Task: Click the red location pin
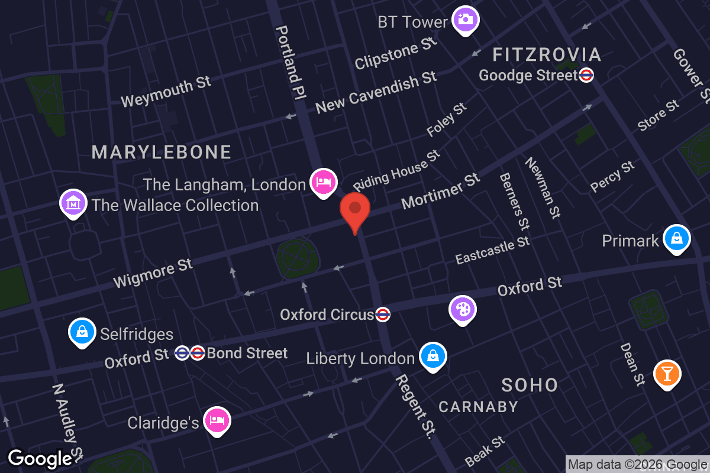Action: [x=355, y=210]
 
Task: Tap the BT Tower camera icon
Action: [x=466, y=20]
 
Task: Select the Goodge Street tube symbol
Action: [x=586, y=75]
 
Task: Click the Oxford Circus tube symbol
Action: [x=383, y=315]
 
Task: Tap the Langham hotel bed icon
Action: [x=324, y=182]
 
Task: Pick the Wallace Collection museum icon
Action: [x=73, y=203]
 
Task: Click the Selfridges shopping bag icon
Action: [x=83, y=332]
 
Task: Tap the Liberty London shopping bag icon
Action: [x=433, y=357]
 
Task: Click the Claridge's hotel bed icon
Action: [x=217, y=421]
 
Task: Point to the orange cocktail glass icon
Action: [x=667, y=374]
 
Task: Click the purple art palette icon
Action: [x=463, y=309]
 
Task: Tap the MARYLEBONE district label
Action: [x=162, y=152]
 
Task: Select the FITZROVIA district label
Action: [x=547, y=55]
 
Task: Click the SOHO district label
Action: [x=530, y=385]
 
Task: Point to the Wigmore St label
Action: [x=153, y=274]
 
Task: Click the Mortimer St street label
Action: [x=440, y=191]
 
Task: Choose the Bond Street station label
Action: [x=247, y=354]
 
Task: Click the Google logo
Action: [x=40, y=459]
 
